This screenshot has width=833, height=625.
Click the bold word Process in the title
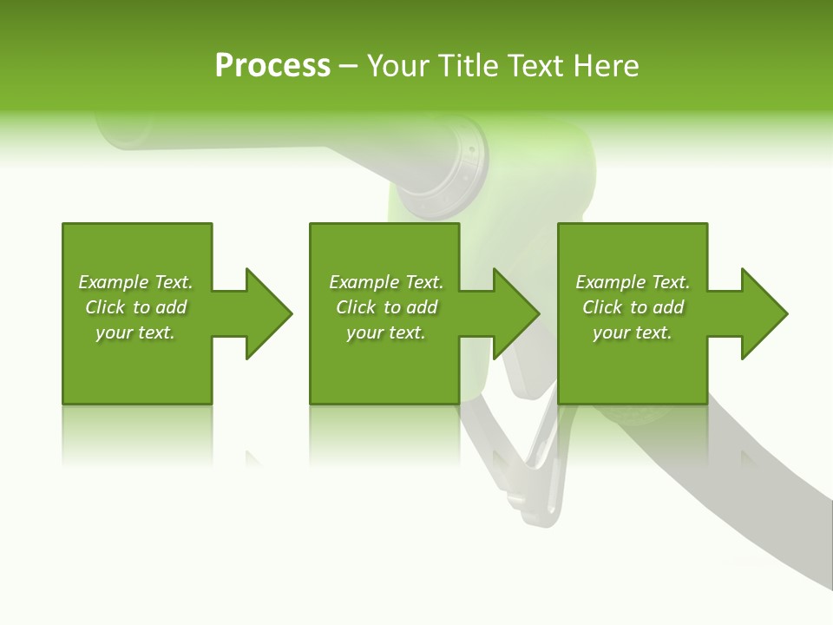click(272, 66)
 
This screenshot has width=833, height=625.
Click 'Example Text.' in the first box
click(135, 282)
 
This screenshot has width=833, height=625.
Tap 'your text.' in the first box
click(135, 332)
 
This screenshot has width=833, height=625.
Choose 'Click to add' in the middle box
click(386, 307)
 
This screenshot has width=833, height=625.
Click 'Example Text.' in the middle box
click(386, 282)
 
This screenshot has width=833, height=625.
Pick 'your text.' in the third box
click(633, 332)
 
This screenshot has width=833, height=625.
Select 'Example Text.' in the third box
click(633, 282)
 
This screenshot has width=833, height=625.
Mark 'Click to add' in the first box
click(135, 307)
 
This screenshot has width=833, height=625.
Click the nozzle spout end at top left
click(117, 130)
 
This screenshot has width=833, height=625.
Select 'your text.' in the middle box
click(386, 332)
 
